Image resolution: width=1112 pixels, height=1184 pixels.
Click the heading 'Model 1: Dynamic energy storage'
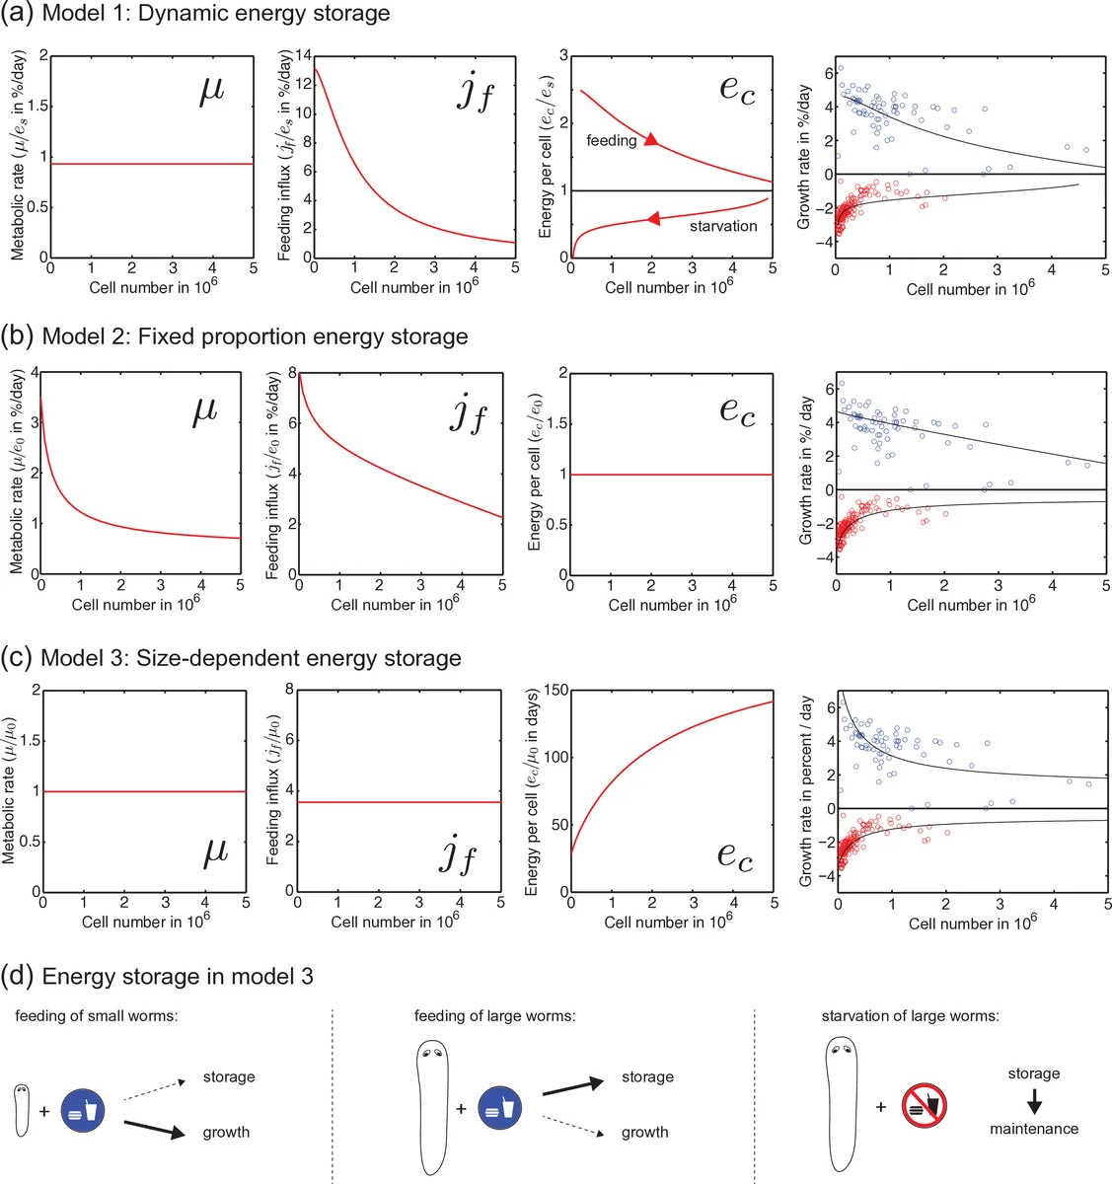(x=215, y=14)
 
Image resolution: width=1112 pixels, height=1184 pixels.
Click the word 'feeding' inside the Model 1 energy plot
(x=611, y=141)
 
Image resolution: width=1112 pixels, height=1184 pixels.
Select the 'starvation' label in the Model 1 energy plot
(x=723, y=226)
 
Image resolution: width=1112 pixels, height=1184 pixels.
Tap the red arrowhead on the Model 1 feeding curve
(x=650, y=140)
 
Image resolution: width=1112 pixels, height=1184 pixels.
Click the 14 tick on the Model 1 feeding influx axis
(x=304, y=55)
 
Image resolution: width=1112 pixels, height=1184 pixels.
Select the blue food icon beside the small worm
(x=81, y=1111)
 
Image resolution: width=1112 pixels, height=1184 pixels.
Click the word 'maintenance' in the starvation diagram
(x=1034, y=1129)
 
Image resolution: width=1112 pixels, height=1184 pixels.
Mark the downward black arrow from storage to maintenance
(x=1034, y=1101)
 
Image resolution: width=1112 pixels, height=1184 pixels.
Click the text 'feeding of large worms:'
(x=494, y=1015)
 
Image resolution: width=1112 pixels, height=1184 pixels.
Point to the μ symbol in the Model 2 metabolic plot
(x=204, y=410)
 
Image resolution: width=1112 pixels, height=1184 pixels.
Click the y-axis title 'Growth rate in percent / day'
(x=806, y=790)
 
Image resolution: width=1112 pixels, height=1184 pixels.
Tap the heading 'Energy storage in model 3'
(x=178, y=977)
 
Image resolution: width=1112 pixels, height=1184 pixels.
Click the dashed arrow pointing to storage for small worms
(x=155, y=1089)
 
